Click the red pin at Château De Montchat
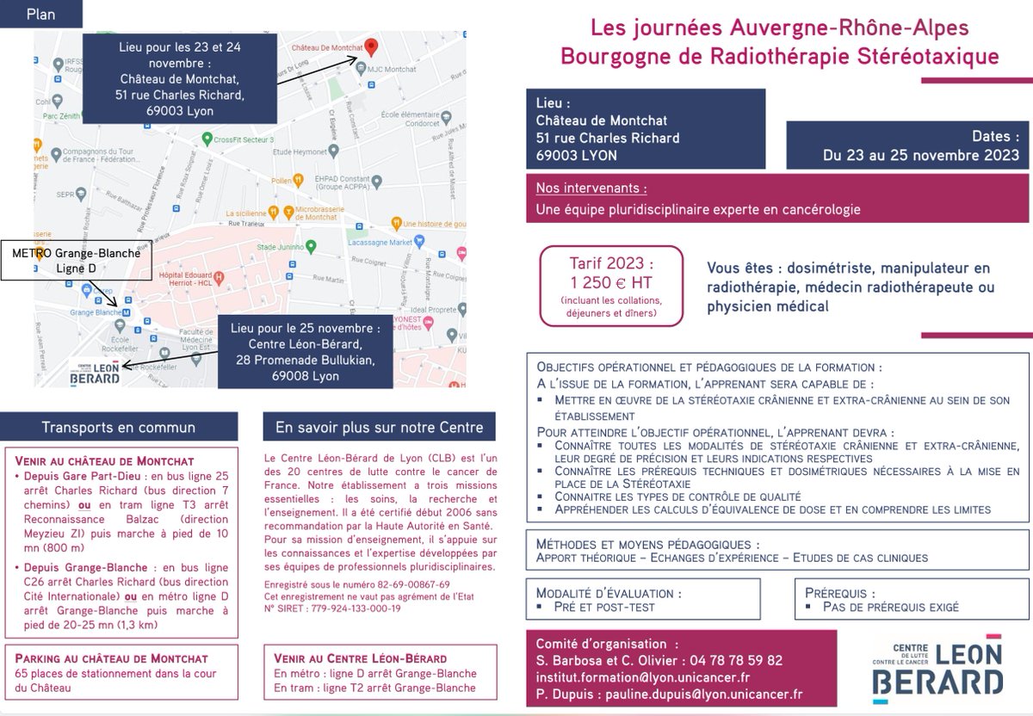[x=371, y=46]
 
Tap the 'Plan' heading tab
[x=41, y=15]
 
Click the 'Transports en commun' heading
[x=119, y=427]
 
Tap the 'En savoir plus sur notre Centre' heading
[x=379, y=427]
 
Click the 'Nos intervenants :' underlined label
[x=591, y=188]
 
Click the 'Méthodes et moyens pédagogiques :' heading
[x=647, y=544]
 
